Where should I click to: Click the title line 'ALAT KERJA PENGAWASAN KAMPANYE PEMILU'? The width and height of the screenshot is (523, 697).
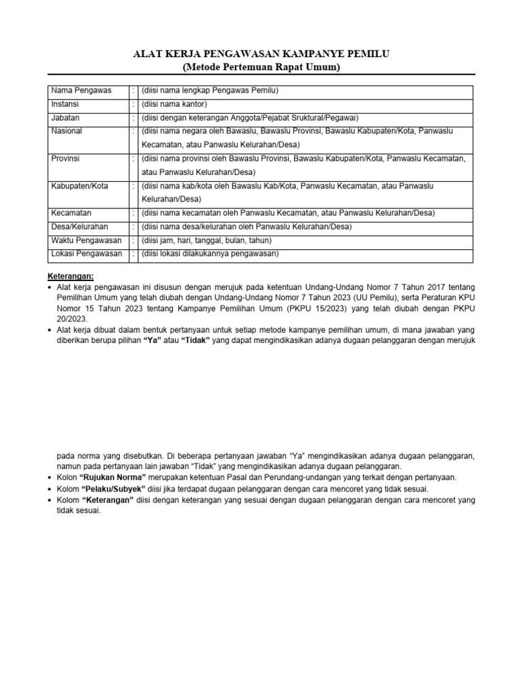click(261, 54)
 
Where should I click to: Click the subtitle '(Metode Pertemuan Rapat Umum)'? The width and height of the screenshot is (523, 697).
click(261, 67)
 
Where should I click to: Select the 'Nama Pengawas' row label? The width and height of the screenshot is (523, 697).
click(81, 91)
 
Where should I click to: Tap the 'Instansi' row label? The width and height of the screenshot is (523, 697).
click(66, 104)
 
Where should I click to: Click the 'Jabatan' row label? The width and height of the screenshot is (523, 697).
click(66, 117)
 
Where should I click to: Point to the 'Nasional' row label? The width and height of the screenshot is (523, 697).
click(67, 130)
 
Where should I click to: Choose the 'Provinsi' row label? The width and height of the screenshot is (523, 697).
click(66, 158)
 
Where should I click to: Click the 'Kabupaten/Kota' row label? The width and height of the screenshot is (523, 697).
click(79, 186)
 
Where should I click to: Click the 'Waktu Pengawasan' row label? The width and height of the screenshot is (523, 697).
click(86, 240)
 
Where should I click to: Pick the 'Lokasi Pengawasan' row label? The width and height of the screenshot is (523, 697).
click(86, 254)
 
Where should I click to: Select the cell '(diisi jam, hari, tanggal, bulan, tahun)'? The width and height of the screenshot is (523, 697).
click(206, 240)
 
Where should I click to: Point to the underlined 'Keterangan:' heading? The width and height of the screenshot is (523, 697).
click(71, 276)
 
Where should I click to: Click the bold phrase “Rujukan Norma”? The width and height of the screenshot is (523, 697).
click(114, 477)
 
